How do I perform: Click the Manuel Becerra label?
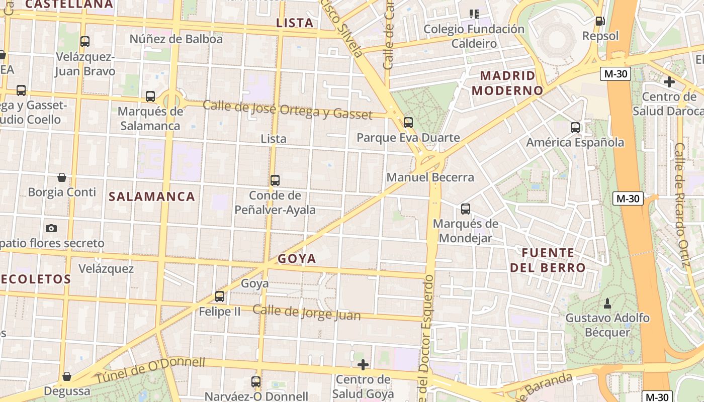[x=430, y=177]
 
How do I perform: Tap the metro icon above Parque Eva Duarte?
[x=408, y=122]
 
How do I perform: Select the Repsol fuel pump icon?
[x=600, y=21]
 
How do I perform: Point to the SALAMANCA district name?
[x=152, y=196]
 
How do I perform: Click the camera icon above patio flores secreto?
[x=51, y=228]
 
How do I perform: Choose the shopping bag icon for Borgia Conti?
[x=62, y=177]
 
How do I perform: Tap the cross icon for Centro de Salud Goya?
[x=363, y=364]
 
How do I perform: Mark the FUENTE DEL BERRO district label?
[x=548, y=260]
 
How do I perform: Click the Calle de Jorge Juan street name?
[x=307, y=312]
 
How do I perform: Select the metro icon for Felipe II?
[x=220, y=296]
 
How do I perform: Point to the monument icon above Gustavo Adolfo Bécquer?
[x=607, y=303]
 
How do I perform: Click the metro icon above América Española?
[x=575, y=128]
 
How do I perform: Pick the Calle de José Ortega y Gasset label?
[x=288, y=110]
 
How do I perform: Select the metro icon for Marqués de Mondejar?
[x=466, y=209]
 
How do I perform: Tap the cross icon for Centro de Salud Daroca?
[x=669, y=81]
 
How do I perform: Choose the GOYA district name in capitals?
[x=297, y=259]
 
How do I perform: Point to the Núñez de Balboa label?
[x=176, y=39]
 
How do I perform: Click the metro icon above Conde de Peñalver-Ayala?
[x=275, y=180]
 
